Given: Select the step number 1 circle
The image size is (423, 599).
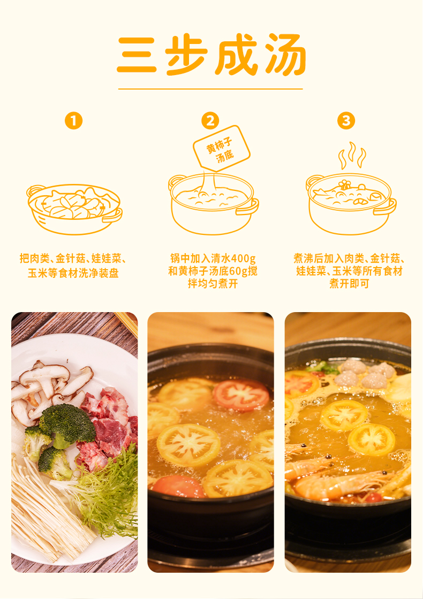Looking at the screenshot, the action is coord(73,121).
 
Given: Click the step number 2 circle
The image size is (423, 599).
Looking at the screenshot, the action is coord(210,121).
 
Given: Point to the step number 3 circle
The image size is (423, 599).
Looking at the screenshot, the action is coord(346,121).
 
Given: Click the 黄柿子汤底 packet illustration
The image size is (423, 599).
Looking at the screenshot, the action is coord(222,149).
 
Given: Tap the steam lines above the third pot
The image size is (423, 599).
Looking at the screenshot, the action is coord(352,156).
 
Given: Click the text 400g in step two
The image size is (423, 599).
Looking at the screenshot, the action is coord(242,258).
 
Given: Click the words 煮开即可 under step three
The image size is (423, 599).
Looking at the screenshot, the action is coord(350,284).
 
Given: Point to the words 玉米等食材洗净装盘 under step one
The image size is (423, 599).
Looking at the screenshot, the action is coord(73,273).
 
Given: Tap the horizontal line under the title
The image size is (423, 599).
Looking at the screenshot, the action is coord(210,89).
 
